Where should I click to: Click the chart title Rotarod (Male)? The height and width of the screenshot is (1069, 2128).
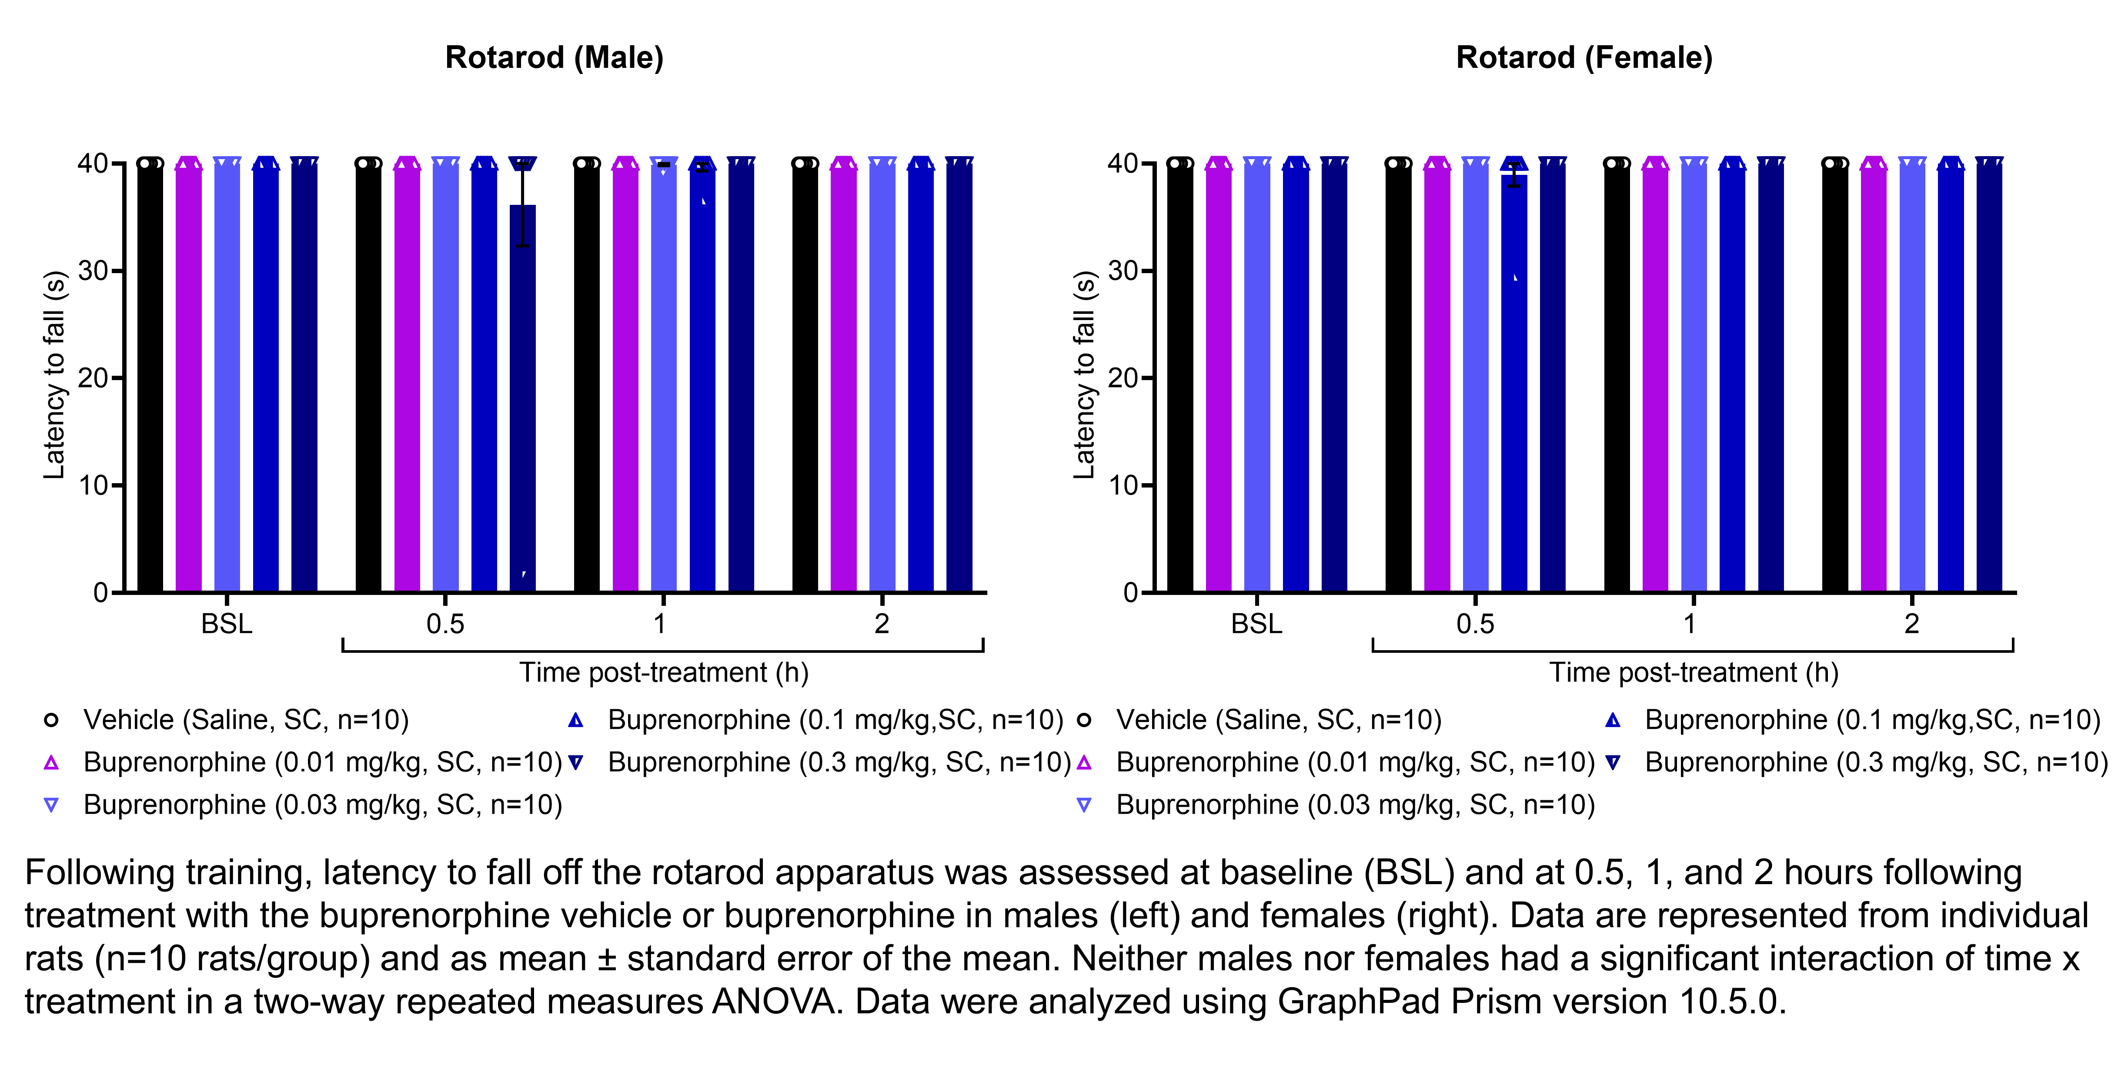555,58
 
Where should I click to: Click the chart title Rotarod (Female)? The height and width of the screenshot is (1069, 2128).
1583,58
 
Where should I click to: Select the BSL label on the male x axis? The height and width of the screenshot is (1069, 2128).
226,624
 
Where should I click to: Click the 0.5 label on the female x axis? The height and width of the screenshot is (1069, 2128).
1475,624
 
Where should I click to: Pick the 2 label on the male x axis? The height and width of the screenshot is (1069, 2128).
882,624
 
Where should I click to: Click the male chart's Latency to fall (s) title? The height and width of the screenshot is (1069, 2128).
54,374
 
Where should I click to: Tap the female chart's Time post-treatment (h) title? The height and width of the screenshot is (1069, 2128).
1694,672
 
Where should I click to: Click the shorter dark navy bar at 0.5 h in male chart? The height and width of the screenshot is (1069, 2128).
523,397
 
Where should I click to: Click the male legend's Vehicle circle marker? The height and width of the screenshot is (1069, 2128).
51,720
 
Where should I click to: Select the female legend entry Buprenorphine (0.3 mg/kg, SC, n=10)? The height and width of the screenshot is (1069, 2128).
1876,762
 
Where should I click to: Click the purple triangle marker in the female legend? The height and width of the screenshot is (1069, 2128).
1084,762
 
